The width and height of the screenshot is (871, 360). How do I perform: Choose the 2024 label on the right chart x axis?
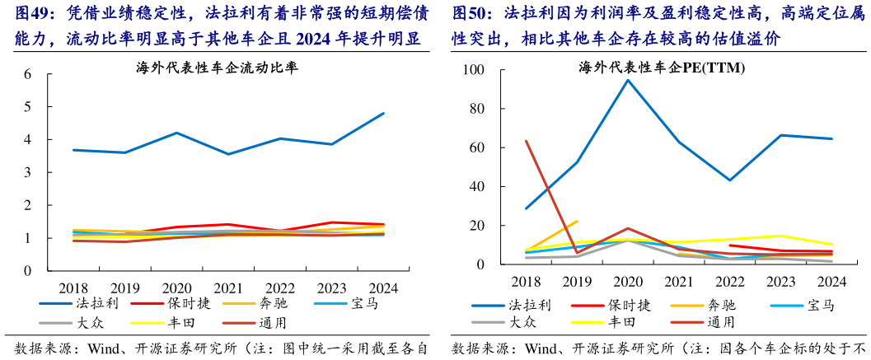pyautogui.click(x=831, y=281)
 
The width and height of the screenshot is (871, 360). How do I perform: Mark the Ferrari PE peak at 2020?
pyautogui.click(x=628, y=80)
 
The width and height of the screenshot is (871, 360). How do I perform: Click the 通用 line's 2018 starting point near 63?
pyautogui.click(x=526, y=141)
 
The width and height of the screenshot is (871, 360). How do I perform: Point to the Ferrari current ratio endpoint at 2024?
pyautogui.click(x=383, y=114)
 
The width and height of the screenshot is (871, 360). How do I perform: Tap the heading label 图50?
pyautogui.click(x=471, y=14)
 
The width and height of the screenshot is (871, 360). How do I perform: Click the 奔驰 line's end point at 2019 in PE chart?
pyautogui.click(x=577, y=221)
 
